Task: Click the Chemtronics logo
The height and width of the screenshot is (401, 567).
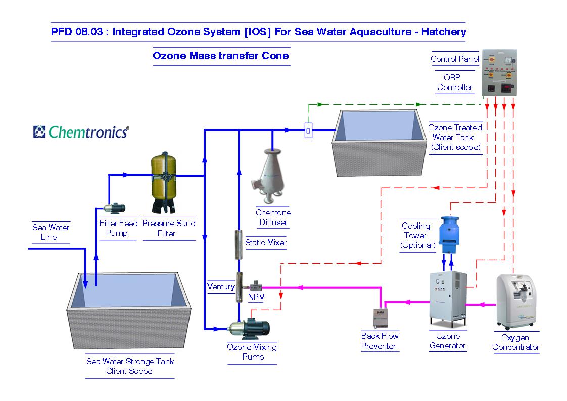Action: coord(81,131)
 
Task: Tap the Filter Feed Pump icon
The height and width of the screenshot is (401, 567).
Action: coord(115,207)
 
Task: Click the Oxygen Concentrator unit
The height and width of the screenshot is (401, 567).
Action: coord(515,301)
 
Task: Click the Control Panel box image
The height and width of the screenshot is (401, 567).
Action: coord(499,73)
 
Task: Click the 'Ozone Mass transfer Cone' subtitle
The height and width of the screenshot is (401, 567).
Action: coord(221,56)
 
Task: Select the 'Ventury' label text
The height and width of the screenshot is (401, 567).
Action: coord(221,287)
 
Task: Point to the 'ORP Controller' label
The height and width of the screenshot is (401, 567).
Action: coord(454,82)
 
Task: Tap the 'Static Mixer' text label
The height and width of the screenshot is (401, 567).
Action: coord(266,243)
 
